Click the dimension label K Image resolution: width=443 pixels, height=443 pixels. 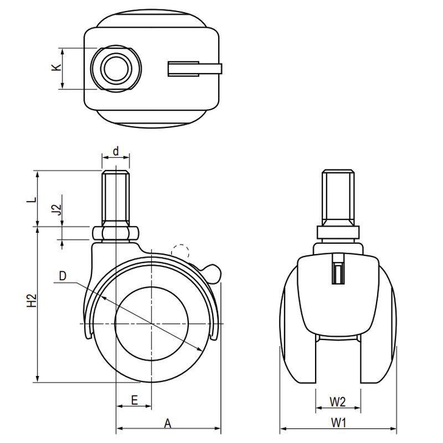(56, 67)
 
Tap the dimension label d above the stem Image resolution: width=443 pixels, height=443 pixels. (116, 151)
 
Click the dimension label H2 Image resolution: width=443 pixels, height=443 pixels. (32, 300)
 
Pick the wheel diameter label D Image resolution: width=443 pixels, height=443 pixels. (63, 276)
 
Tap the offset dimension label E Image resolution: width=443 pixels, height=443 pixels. (134, 400)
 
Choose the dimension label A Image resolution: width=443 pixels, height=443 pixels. (168, 424)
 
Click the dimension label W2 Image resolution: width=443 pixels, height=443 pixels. (338, 402)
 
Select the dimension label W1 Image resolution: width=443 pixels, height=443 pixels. (338, 423)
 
